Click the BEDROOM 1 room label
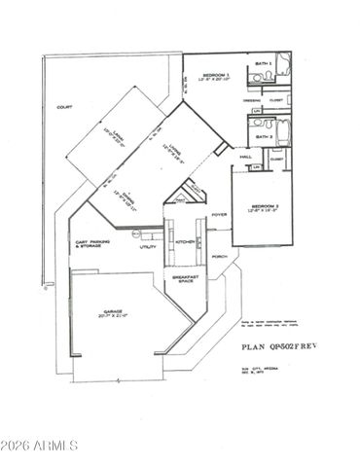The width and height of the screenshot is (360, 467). point(215,76)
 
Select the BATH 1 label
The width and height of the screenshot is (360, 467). point(262,61)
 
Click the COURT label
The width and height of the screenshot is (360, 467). point(64,107)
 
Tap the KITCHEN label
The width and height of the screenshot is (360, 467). point(183,243)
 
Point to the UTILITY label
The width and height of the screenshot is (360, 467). point(148,247)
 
